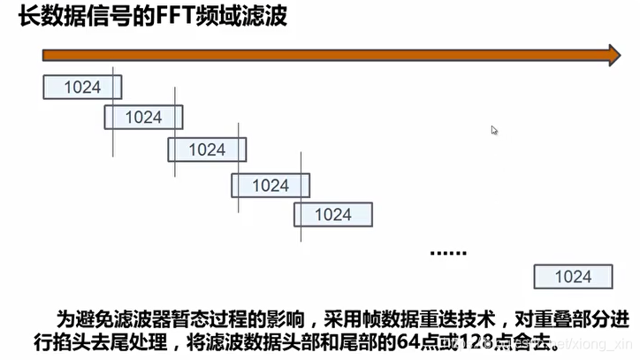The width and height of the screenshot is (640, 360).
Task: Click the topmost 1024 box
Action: pyautogui.click(x=82, y=87)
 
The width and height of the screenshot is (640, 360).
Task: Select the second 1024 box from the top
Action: pyautogui.click(x=144, y=117)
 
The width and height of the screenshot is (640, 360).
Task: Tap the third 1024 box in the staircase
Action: pyautogui.click(x=207, y=149)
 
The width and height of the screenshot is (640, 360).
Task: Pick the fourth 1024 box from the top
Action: pyautogui.click(x=270, y=185)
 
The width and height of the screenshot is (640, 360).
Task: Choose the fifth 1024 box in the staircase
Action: pyautogui.click(x=333, y=214)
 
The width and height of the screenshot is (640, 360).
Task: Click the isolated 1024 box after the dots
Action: pyautogui.click(x=572, y=277)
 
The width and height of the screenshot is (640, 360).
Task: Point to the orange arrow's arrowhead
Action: pyautogui.click(x=611, y=55)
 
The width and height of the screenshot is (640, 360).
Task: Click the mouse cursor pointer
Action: pyautogui.click(x=495, y=130)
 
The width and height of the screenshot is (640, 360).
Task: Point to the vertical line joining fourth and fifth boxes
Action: pyautogui.click(x=301, y=199)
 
